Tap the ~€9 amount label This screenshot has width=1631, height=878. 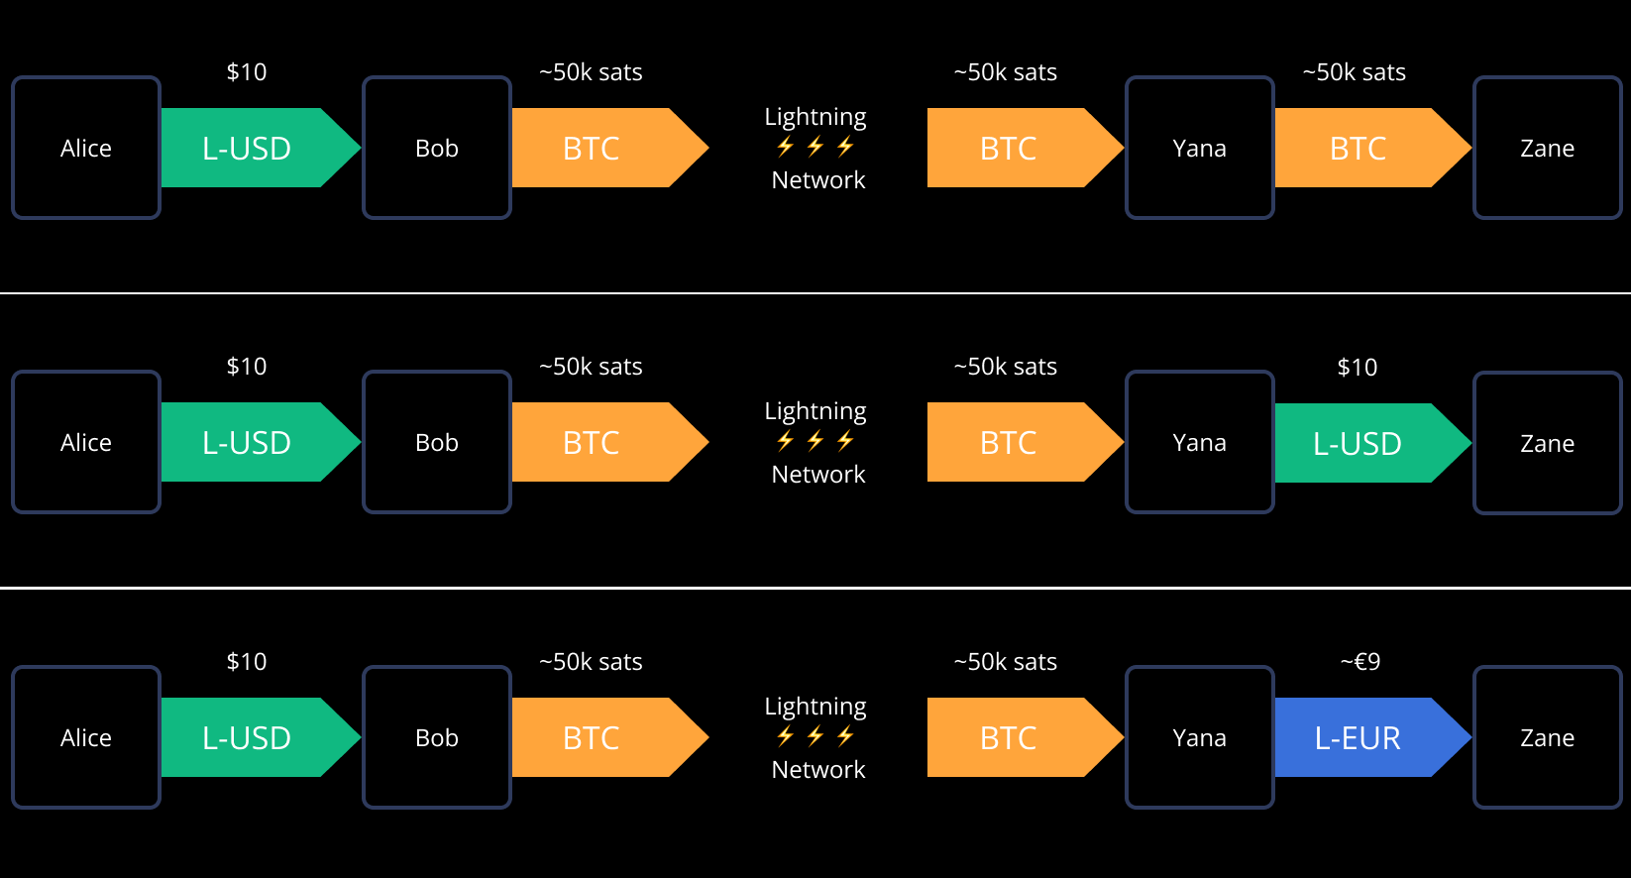tap(1359, 662)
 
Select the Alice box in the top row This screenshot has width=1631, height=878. tap(86, 148)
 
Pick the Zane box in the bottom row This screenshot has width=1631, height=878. tap(1547, 737)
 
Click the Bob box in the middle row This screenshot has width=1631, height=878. tap(437, 442)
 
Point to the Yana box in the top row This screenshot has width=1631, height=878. tap(1199, 148)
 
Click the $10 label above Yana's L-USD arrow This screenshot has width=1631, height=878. tap(1357, 368)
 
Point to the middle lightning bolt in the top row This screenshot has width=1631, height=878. tap(815, 147)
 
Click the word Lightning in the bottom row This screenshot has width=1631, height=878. tap(815, 707)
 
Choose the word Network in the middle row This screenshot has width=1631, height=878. tap(818, 475)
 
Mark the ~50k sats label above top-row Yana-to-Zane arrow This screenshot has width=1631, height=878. tap(1354, 72)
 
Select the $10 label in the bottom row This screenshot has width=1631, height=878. tap(247, 662)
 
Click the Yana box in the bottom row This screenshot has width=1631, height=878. tap(1199, 737)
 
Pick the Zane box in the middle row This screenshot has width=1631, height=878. tap(1547, 443)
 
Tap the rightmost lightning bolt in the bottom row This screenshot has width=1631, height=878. tap(845, 735)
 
